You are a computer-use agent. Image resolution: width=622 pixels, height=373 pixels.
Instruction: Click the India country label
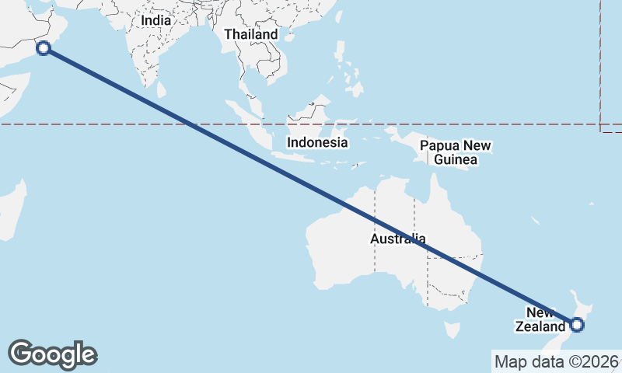[155, 20]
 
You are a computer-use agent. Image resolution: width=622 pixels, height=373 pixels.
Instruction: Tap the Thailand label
[250, 35]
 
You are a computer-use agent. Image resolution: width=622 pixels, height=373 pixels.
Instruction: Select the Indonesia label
[317, 142]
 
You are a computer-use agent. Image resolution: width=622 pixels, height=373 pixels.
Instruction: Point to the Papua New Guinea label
[456, 152]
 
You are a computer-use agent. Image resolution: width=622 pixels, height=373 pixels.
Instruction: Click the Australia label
[397, 239]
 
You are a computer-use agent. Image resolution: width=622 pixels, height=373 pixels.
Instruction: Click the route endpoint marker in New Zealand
[577, 326]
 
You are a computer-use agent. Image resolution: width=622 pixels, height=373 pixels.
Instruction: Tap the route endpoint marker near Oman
[44, 48]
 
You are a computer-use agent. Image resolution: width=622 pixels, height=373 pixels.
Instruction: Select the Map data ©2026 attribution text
[556, 361]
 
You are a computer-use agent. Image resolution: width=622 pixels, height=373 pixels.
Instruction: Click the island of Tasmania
[451, 330]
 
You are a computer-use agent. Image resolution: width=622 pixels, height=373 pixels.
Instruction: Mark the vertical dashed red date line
[601, 62]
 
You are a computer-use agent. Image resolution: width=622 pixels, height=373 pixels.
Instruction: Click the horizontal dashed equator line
[117, 124]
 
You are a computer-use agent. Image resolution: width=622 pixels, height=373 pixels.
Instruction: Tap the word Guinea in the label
[456, 160]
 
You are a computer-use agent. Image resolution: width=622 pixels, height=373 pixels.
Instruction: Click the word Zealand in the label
[540, 327]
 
